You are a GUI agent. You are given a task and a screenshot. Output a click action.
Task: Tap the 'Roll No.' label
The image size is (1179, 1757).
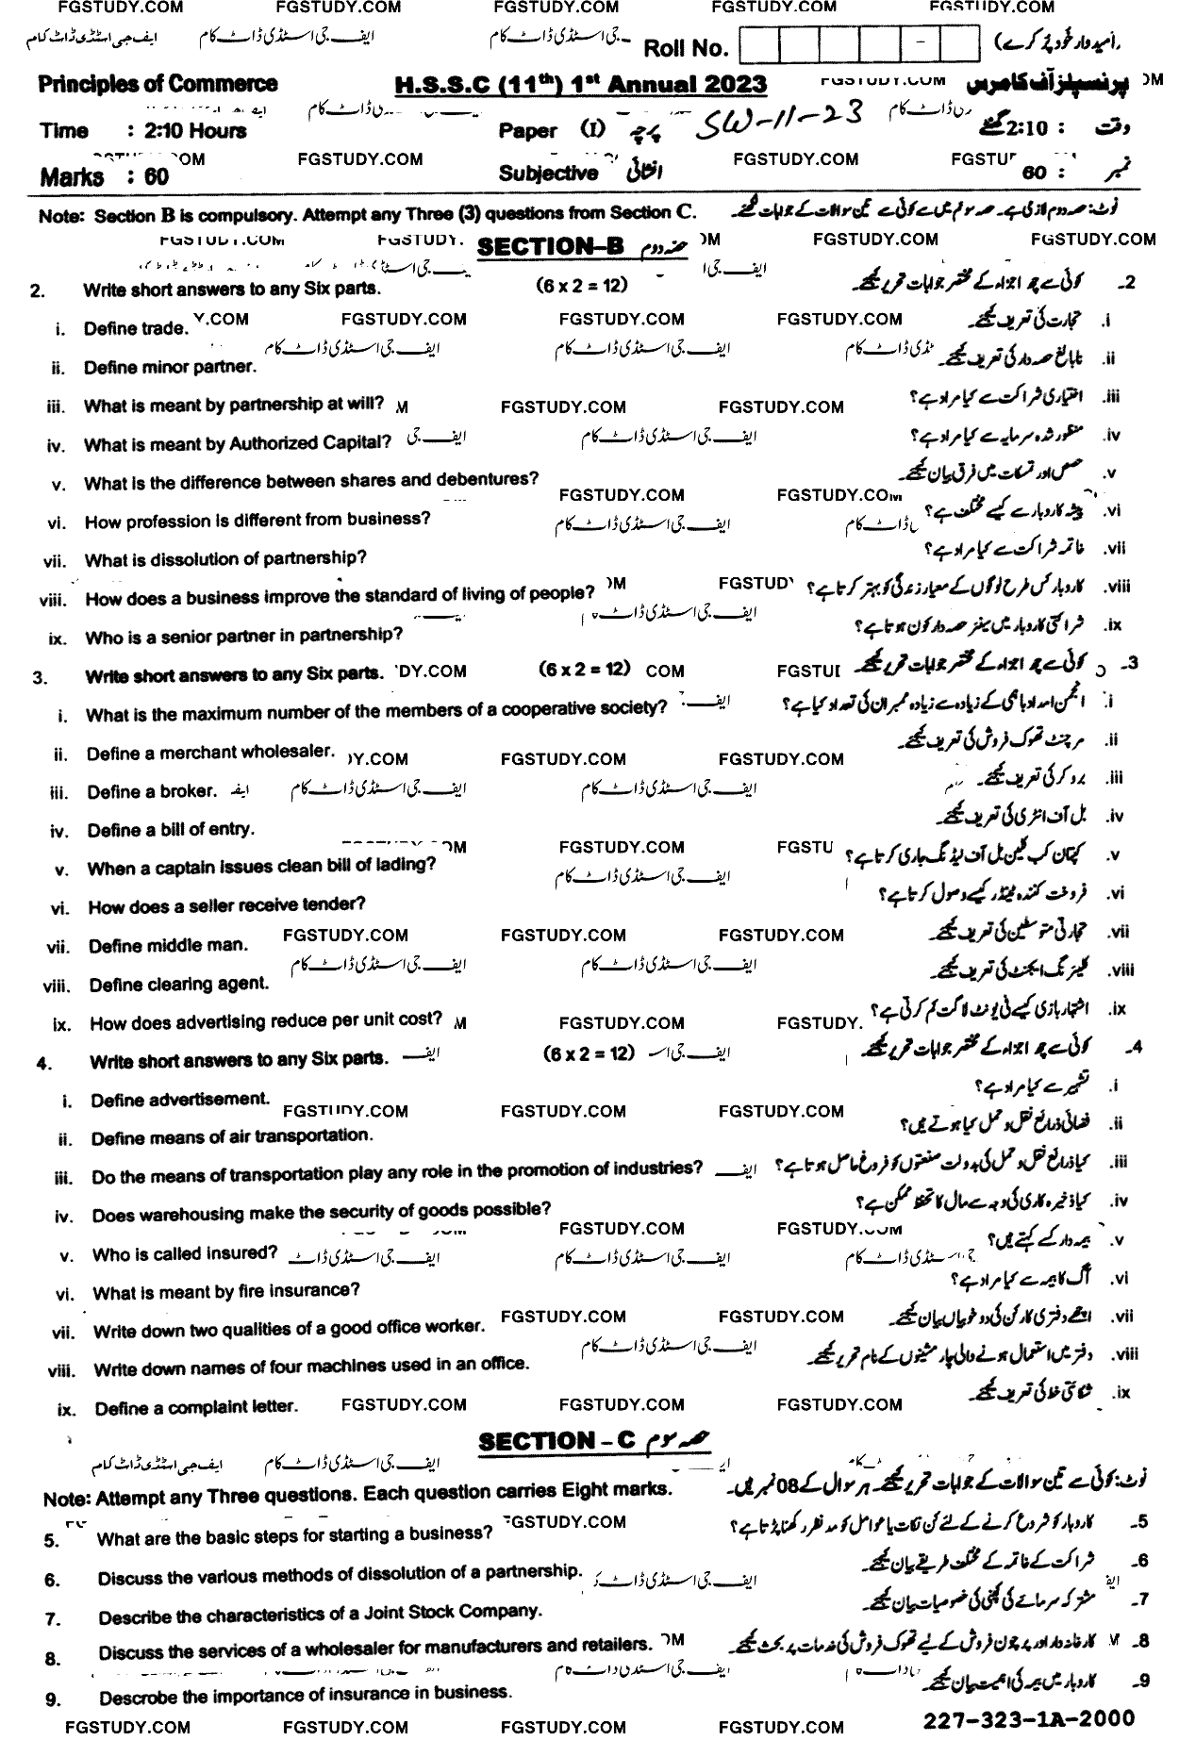[x=686, y=48]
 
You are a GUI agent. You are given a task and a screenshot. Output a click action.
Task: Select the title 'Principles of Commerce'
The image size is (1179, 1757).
[x=158, y=85]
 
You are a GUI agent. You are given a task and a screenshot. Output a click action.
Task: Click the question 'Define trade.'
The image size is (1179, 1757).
[x=135, y=328]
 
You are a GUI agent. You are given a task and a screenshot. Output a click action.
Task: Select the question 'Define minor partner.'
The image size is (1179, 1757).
[x=170, y=367]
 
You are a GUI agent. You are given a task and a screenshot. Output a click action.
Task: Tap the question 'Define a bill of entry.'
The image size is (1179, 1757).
[x=171, y=830]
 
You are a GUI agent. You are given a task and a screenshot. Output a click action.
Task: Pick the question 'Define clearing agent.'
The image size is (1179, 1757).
[x=179, y=985]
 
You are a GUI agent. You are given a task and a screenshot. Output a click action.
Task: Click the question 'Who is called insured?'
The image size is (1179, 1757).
[x=185, y=1253]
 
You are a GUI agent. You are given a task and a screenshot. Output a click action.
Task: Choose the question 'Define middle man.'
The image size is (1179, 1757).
[x=168, y=945]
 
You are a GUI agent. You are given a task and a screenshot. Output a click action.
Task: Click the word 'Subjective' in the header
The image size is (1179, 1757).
[x=548, y=174]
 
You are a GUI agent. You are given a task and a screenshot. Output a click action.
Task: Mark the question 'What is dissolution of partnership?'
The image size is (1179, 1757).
[x=225, y=559]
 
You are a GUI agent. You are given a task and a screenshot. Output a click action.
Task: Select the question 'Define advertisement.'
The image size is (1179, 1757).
[x=180, y=1100]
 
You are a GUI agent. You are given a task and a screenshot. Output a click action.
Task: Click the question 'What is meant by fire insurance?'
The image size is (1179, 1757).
[x=226, y=1291]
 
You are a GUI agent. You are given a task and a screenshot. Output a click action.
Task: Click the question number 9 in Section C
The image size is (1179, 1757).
[x=53, y=1699]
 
